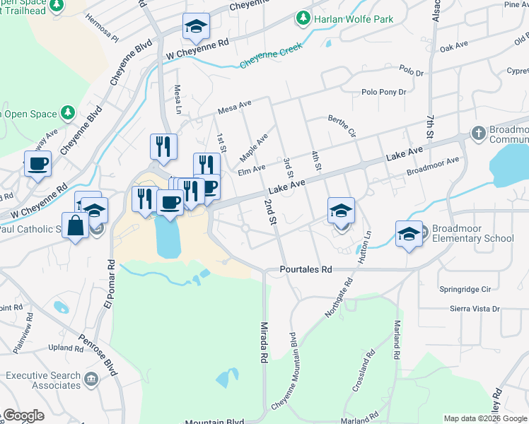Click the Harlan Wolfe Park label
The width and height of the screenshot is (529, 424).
click(354, 19)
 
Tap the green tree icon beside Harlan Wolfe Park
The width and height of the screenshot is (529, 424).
click(303, 17)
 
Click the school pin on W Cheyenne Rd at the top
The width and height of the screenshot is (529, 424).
click(196, 28)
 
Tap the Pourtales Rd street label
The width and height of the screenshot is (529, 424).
click(306, 270)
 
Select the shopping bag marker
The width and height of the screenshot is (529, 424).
click(75, 227)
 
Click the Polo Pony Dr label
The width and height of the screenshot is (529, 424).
click(383, 92)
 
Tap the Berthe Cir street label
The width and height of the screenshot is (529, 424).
click(342, 126)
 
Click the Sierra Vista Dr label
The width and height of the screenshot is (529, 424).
click(475, 309)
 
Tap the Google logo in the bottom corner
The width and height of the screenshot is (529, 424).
click(23, 416)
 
